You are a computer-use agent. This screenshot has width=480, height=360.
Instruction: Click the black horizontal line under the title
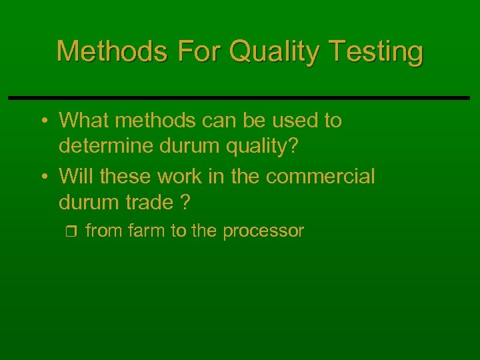[x=239, y=98]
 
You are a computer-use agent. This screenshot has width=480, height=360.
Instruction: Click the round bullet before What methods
[x=43, y=121]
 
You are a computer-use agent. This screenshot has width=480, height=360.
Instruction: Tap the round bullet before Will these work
[x=43, y=177]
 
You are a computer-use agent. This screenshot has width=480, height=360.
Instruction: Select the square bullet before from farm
[x=73, y=232]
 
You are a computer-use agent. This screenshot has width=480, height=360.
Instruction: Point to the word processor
[x=263, y=231]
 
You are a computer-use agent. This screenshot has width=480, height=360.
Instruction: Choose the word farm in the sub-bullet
[x=141, y=231]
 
